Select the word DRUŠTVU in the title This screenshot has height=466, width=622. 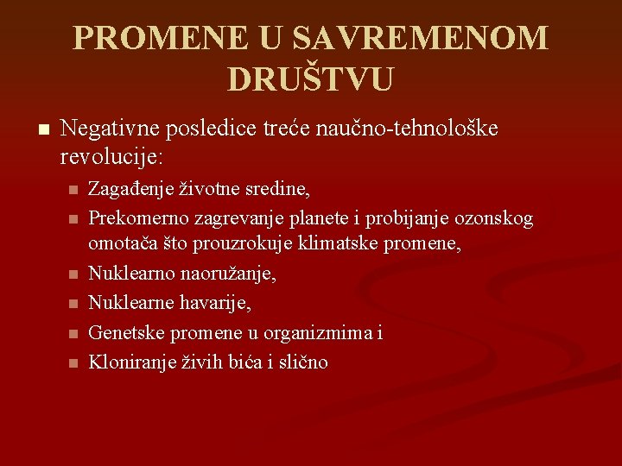[310, 79]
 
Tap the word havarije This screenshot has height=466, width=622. [219, 303]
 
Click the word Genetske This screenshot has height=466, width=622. [126, 332]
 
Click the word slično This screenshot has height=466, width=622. [302, 362]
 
